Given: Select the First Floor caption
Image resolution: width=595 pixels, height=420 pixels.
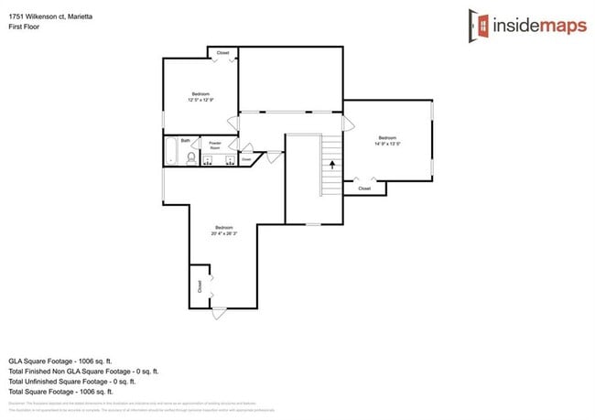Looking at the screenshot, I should coord(26,27).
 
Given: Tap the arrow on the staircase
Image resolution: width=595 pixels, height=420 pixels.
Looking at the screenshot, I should coord(331,166).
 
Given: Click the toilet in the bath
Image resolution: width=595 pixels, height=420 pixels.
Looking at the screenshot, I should coord(190,158).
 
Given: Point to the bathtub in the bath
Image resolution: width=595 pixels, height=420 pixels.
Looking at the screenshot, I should coord(170,152).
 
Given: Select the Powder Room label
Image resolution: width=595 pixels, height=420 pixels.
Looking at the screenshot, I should coord(215,144).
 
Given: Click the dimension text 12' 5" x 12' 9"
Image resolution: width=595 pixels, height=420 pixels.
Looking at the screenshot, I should coord(200,100).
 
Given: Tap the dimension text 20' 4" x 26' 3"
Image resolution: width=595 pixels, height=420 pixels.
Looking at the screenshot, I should coord(225,233).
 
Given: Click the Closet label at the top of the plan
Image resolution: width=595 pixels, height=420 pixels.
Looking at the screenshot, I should coord(223,53).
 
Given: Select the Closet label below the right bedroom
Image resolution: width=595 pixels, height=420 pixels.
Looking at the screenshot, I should coord(364,188).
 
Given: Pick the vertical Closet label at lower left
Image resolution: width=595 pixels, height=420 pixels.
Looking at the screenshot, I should coord(200,285).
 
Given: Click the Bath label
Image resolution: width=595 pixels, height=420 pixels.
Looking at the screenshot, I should coord(185,140).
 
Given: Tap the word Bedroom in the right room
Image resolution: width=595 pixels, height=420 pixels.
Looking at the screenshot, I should coord(387,137).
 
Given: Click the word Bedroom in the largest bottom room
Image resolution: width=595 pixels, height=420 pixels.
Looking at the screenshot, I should coord(225,227).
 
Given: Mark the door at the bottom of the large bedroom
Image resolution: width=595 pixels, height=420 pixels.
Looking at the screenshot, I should coord(220,313).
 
